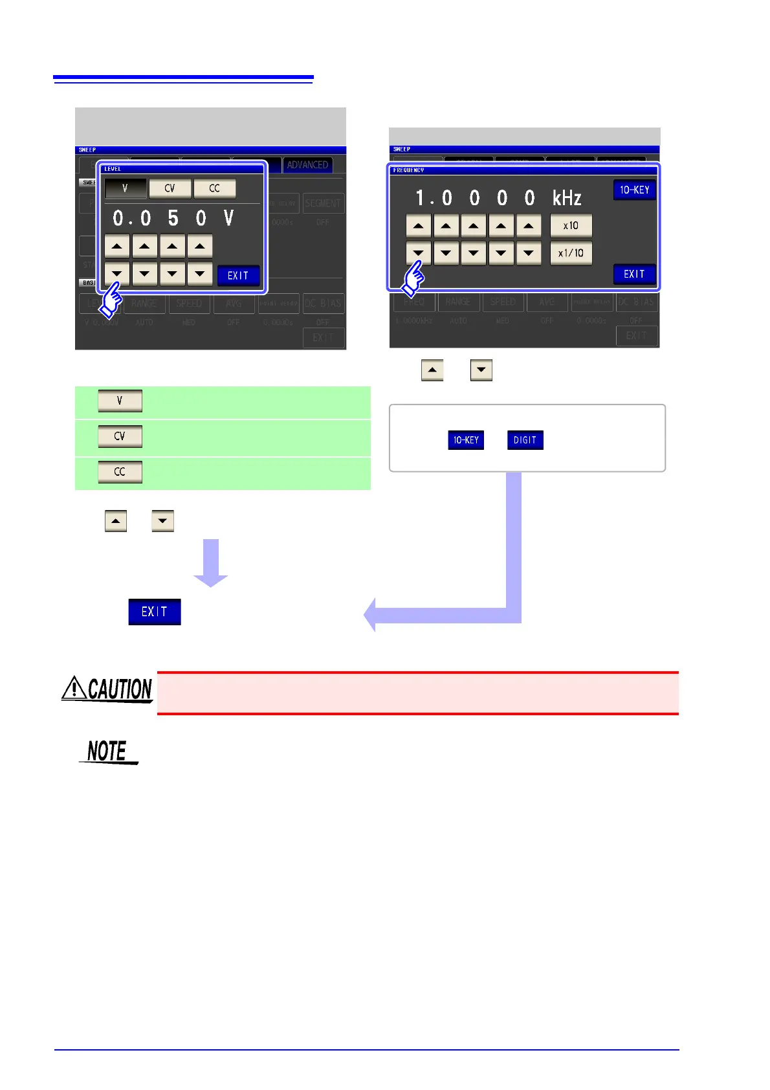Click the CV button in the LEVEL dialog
170,188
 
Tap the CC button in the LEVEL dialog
214,188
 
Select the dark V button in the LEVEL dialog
125,188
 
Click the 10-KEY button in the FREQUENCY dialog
634,190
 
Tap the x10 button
571,225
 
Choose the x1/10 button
571,252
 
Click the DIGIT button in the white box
525,440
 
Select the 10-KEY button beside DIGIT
466,440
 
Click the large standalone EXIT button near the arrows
154,612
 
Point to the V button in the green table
120,401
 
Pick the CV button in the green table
120,436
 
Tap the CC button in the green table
120,472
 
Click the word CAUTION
120,689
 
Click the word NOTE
107,751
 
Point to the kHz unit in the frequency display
567,198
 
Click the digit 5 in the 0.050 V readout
173,218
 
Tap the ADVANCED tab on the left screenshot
307,165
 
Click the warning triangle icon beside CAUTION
74,688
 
